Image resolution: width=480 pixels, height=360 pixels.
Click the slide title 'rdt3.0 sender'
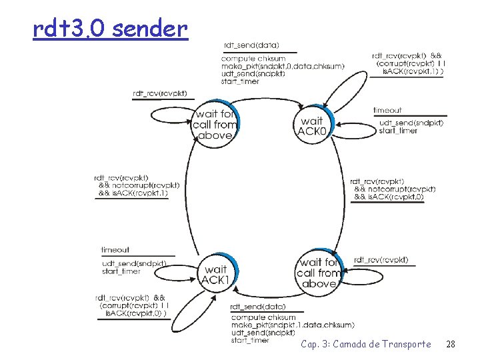click(x=111, y=29)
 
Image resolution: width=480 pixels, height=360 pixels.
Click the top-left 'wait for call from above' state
click(x=215, y=125)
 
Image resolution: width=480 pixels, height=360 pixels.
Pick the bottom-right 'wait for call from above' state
click(x=318, y=273)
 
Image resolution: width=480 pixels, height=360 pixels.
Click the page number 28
click(x=450, y=344)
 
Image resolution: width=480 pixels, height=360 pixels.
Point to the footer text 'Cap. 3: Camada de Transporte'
click(x=365, y=344)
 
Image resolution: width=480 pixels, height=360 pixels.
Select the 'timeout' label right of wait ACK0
click(x=387, y=110)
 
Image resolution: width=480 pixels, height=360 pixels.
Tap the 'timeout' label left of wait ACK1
click(x=115, y=250)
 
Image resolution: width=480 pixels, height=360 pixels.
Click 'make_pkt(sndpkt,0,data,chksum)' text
click(x=283, y=66)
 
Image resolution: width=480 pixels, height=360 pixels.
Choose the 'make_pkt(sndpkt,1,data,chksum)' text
click(x=292, y=325)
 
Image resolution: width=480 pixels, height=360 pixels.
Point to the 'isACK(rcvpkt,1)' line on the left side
click(x=138, y=193)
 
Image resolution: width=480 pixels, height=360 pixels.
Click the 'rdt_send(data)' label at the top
click(x=251, y=45)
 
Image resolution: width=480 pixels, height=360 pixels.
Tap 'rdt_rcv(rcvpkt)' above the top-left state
click(x=160, y=93)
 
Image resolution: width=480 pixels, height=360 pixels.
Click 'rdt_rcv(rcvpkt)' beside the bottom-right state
click(x=381, y=259)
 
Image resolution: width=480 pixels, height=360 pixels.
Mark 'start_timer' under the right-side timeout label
click(x=398, y=131)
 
